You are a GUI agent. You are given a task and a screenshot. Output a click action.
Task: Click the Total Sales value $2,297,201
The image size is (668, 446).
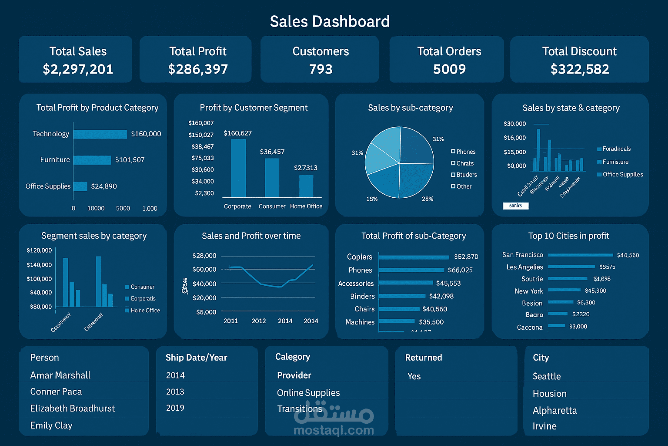78,69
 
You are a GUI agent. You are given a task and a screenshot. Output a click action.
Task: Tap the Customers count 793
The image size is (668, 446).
321,69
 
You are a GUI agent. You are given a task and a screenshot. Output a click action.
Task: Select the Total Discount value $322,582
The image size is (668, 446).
579,69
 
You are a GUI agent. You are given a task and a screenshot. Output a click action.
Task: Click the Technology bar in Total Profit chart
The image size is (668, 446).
100,134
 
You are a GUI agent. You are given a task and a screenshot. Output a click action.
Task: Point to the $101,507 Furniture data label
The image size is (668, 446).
130,160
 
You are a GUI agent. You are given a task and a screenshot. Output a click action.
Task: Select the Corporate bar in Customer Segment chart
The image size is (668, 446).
238,168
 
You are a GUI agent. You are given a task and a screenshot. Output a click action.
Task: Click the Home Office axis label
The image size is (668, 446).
306,206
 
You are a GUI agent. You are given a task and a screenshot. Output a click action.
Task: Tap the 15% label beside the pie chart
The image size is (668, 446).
372,199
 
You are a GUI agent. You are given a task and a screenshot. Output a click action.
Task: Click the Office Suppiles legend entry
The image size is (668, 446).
622,175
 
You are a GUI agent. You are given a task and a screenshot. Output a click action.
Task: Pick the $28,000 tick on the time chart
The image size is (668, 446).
204,256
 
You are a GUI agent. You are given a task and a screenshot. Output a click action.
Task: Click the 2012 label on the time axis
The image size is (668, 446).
259,321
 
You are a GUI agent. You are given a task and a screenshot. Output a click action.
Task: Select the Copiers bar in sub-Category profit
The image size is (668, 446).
414,257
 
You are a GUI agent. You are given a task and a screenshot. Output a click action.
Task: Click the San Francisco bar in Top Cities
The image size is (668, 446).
581,255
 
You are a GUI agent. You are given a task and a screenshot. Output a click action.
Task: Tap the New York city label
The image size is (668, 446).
529,291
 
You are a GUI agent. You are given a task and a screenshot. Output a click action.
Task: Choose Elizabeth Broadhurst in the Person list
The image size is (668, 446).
73,409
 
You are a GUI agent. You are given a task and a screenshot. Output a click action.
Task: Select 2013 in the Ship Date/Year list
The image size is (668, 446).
175,392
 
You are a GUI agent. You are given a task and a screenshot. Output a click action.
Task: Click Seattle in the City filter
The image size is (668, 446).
547,376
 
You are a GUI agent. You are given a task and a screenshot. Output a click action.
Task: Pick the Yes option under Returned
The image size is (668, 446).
414,376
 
